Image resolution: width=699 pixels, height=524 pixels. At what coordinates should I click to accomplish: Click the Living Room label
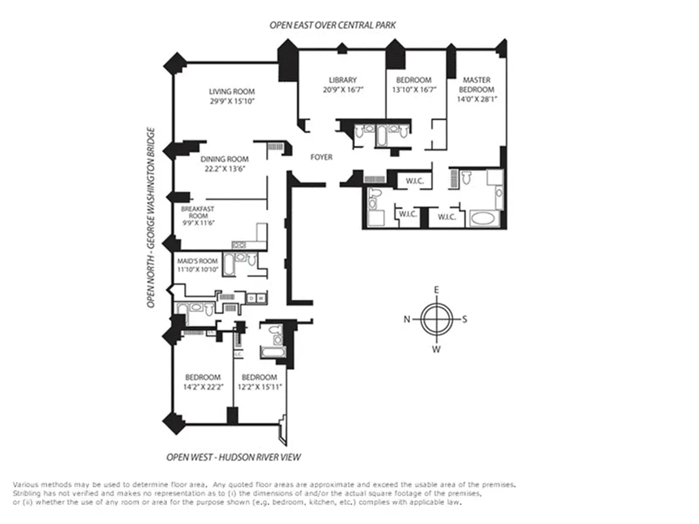[x=232, y=92]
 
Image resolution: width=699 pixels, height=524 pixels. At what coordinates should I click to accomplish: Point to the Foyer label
[x=321, y=157]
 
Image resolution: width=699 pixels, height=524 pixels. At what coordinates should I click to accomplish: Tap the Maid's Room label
[x=198, y=261]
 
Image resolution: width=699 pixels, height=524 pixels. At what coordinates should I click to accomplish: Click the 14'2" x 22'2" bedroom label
[x=202, y=377]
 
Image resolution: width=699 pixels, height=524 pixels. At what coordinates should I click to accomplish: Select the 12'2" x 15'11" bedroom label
[x=259, y=377]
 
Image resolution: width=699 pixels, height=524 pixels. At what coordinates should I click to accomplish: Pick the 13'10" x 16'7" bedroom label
[x=413, y=81]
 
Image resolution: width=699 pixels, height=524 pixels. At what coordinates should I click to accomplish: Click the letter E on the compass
[x=436, y=290]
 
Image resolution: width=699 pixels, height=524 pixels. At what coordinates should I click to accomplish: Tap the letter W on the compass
[x=436, y=349]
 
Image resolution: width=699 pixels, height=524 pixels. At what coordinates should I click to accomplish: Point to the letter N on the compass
[x=406, y=320]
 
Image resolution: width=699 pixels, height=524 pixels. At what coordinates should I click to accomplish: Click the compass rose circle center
[x=436, y=320]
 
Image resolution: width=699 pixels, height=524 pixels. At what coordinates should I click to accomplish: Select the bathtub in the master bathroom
[x=485, y=219]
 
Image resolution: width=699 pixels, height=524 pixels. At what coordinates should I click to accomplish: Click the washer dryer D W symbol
[x=255, y=299]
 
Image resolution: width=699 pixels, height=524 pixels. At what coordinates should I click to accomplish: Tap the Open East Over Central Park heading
[x=333, y=25]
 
